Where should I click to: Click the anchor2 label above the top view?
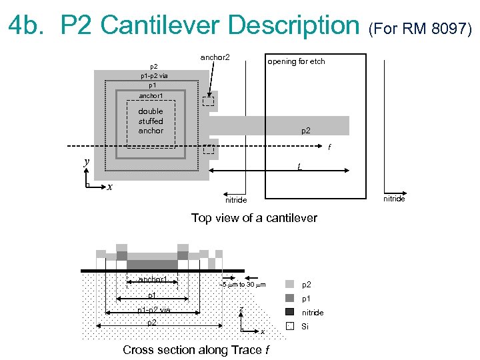coord(215,58)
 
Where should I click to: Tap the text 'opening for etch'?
coord(296,61)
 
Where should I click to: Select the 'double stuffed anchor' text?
coord(151,121)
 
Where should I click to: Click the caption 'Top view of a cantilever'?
coord(254,218)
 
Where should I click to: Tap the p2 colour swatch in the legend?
coord(289,284)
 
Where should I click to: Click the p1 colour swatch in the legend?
coord(289,298)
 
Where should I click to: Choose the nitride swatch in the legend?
coord(289,311)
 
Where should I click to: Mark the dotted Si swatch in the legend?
coord(289,326)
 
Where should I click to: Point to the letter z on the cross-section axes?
coord(241,308)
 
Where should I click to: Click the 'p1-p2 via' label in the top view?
coord(153,76)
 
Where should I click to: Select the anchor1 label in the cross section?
coord(153,279)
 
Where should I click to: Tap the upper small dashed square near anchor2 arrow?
coord(209,102)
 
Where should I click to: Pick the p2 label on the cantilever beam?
coord(305,131)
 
